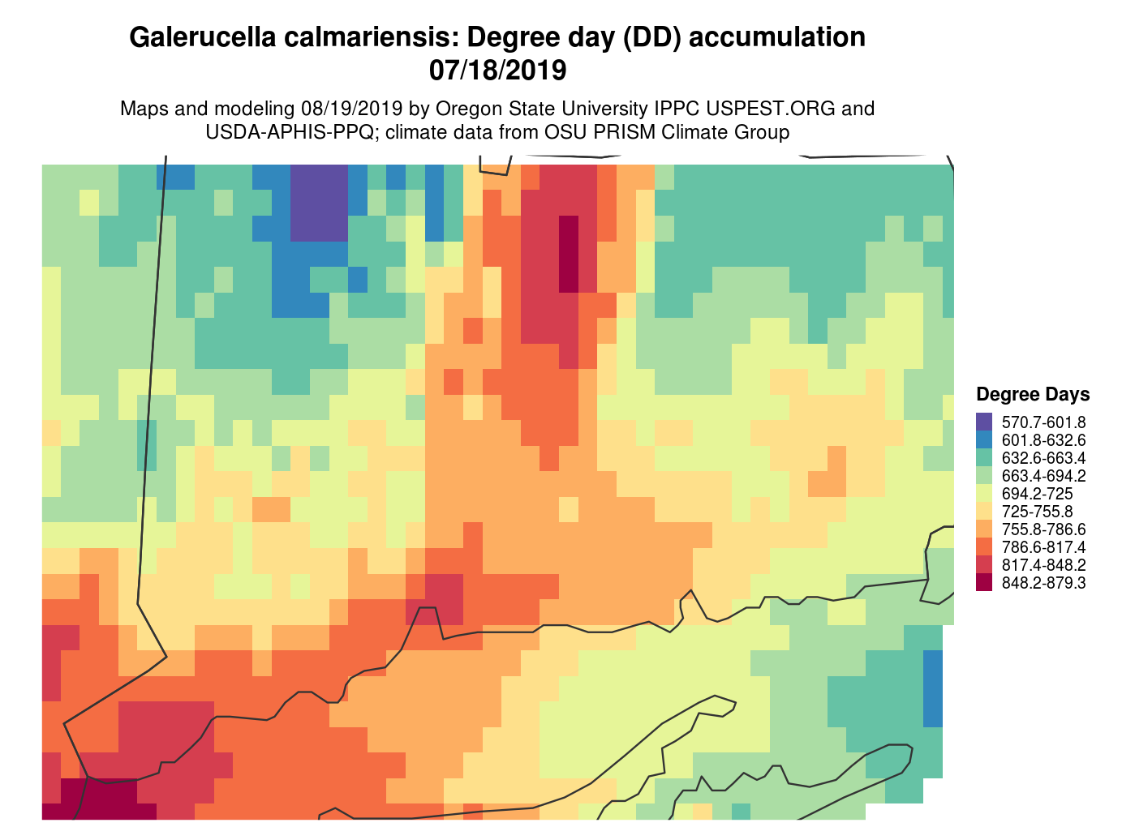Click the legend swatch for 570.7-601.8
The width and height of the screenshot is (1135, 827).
pos(984,422)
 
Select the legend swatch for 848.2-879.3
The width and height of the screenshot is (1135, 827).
pos(984,582)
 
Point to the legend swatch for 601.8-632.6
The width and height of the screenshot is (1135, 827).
pos(984,439)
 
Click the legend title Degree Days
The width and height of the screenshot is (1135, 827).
pos(1033,395)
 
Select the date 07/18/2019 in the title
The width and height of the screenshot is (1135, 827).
pos(497,71)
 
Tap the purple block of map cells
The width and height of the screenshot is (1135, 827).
pos(319,202)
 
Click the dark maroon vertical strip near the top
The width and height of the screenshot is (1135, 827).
pos(569,254)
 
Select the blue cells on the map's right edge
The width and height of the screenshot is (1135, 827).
pos(932,688)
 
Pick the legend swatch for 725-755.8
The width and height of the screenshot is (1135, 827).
pos(984,511)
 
